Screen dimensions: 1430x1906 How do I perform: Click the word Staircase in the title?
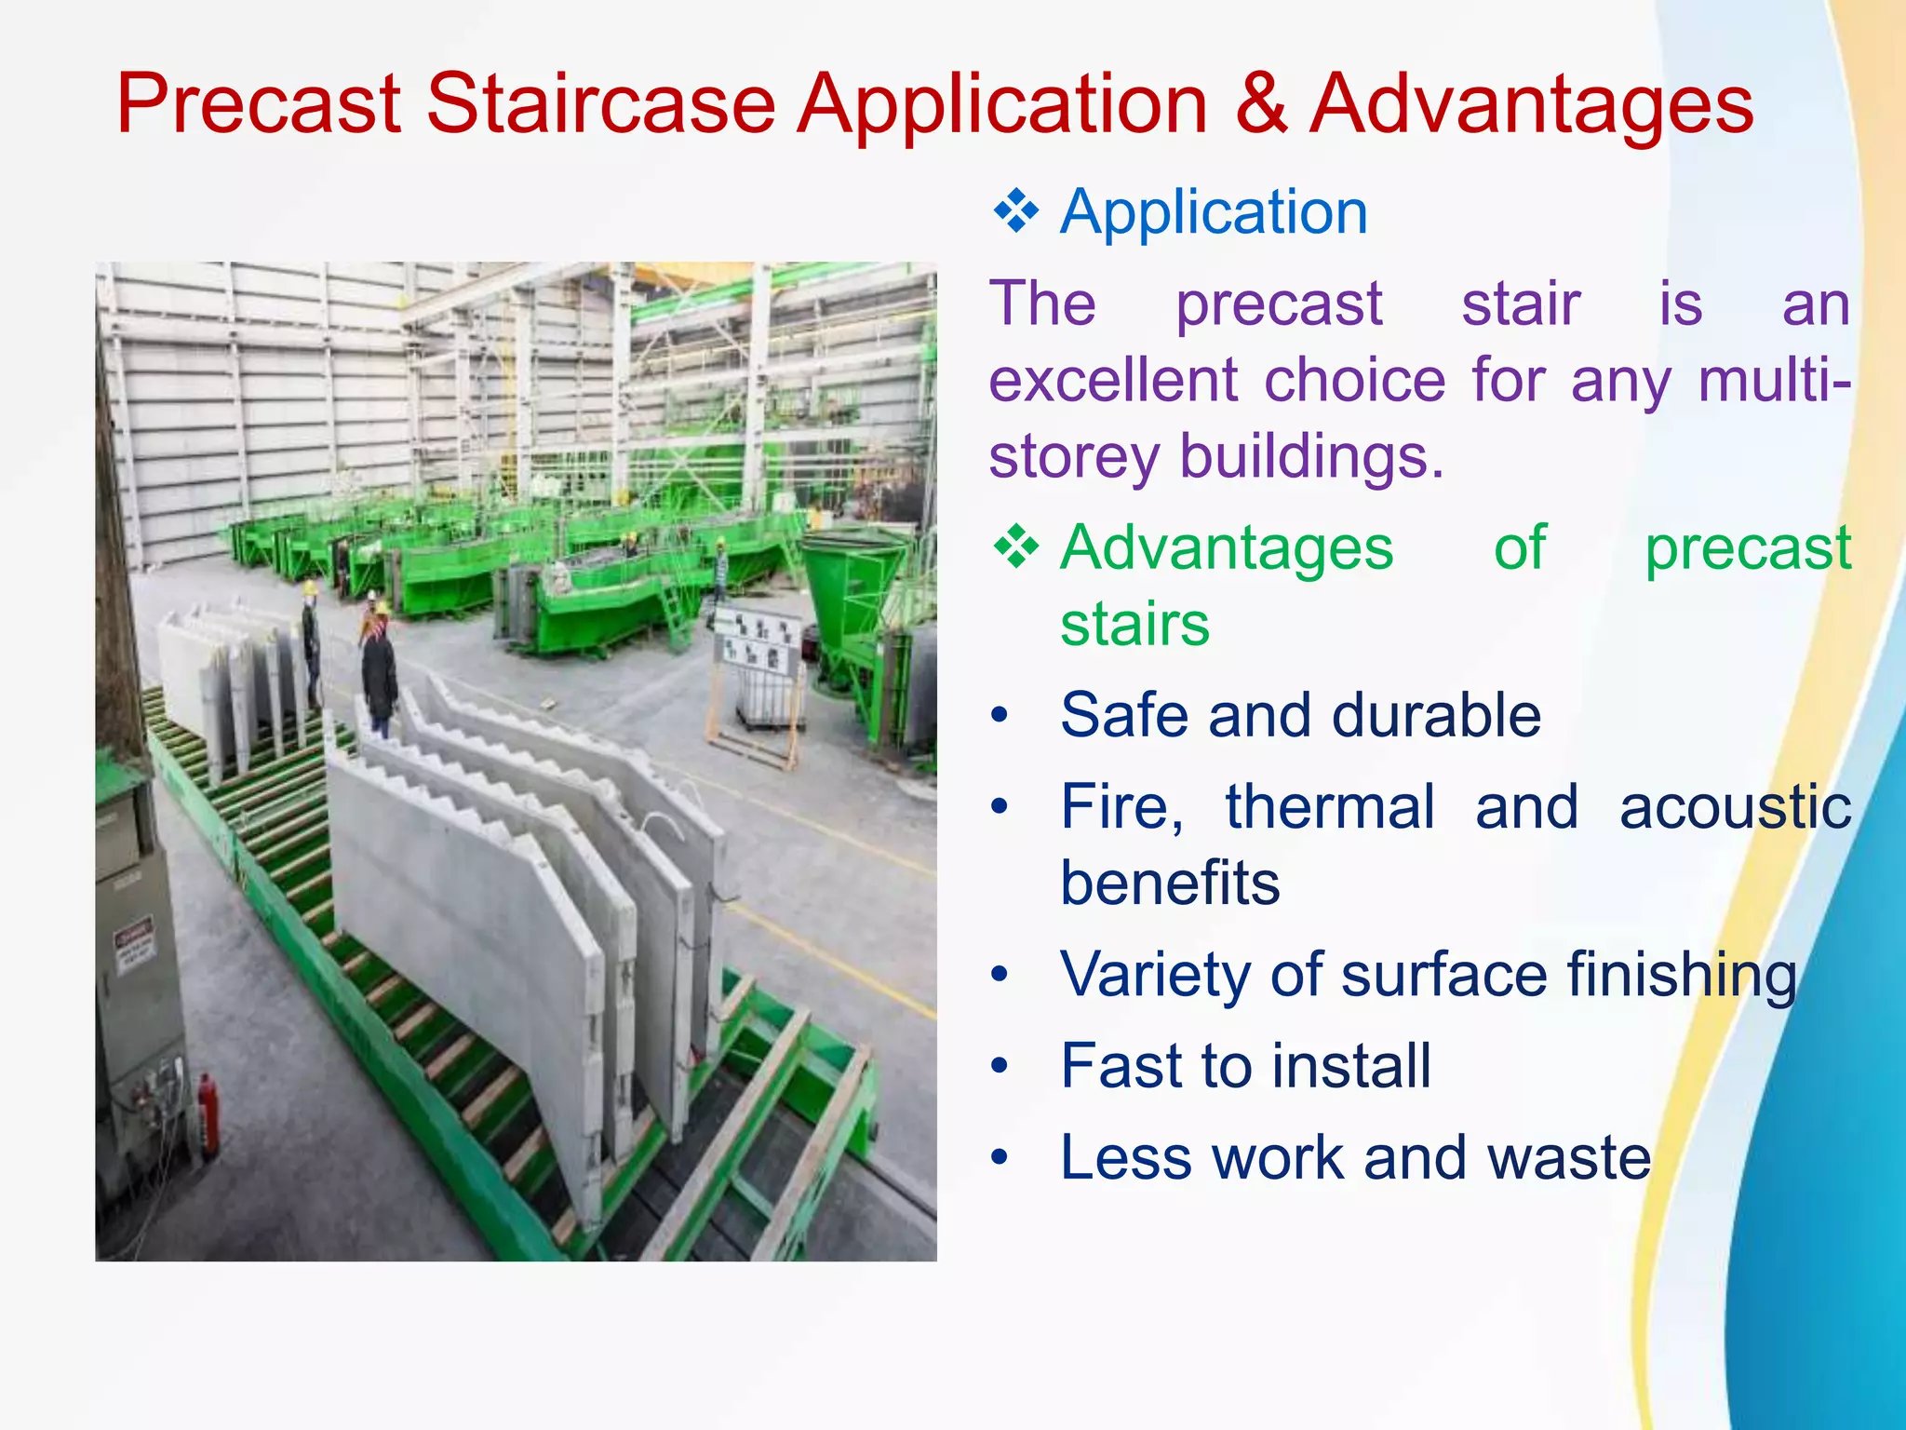click(x=600, y=104)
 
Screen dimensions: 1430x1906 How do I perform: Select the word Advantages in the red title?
click(x=1531, y=104)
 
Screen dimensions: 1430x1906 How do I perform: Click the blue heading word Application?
click(x=1214, y=212)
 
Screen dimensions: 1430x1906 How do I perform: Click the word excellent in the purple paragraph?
click(x=1112, y=381)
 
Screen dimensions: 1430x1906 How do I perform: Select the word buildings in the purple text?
click(x=1311, y=457)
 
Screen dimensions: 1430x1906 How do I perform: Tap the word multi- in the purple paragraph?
click(x=1773, y=381)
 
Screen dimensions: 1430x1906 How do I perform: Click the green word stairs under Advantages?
click(x=1134, y=625)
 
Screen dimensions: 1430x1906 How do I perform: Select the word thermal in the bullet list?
click(x=1330, y=807)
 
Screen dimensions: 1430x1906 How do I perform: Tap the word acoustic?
click(x=1735, y=807)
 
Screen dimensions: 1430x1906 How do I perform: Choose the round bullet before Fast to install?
click(x=1000, y=1067)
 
